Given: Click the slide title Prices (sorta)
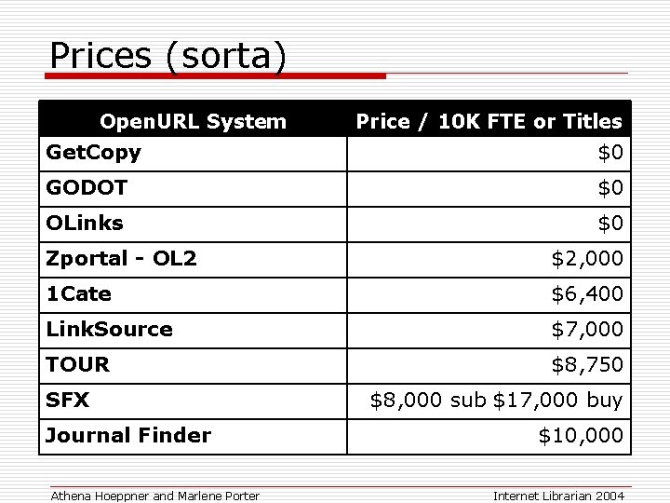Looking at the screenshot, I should [x=167, y=56].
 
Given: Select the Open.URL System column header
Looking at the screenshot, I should [x=193, y=121].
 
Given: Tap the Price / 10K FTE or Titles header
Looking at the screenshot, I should [x=489, y=121].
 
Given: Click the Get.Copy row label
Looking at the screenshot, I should [x=93, y=152].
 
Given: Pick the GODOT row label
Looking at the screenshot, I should [x=87, y=188].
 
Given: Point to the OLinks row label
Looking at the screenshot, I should [x=85, y=224].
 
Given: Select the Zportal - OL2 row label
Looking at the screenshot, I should [x=121, y=258].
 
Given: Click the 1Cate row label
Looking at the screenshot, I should [x=79, y=294].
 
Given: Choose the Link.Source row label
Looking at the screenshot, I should [x=109, y=330].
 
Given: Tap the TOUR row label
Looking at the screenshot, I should [x=77, y=364].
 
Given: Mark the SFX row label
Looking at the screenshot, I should [x=67, y=401].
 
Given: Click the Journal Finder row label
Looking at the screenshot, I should [x=128, y=435].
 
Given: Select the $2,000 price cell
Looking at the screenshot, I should [x=587, y=258].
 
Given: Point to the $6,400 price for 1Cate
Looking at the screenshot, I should [x=587, y=294].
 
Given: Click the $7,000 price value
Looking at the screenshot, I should [x=587, y=330].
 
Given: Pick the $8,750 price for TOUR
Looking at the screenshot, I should [x=587, y=364].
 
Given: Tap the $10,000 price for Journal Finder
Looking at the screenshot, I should [x=582, y=435].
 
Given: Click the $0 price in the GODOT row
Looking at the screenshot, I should [x=610, y=188].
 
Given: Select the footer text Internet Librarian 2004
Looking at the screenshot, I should [x=558, y=496].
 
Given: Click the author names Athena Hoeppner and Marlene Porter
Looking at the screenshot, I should [x=154, y=496].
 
